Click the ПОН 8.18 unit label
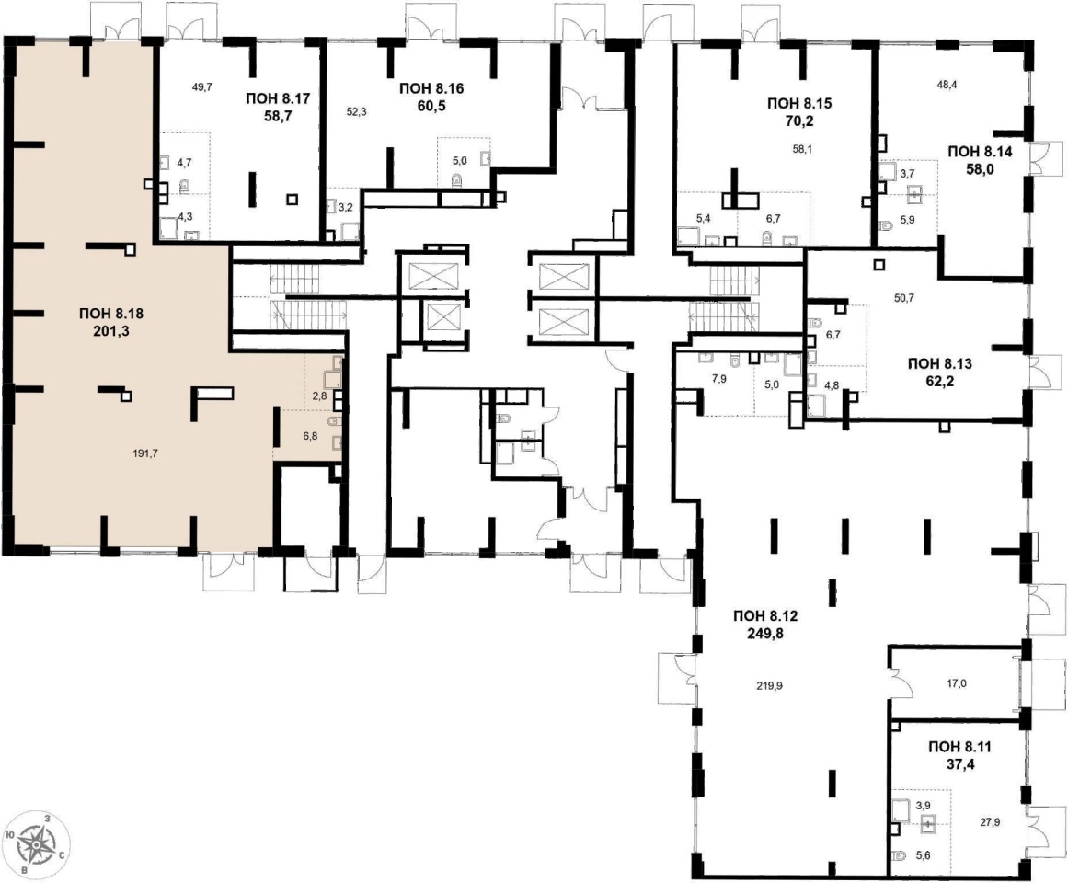tap(111, 314)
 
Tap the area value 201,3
tap(111, 331)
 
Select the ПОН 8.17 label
tap(278, 98)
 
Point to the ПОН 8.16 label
tap(431, 87)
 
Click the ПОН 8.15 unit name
tap(799, 104)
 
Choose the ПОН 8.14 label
tap(980, 152)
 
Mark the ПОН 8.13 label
tap(940, 364)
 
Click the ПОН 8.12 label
tap(765, 616)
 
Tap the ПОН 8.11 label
tap(959, 747)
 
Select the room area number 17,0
tap(957, 684)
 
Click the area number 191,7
tap(145, 453)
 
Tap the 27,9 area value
tap(991, 822)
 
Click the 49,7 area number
tap(202, 86)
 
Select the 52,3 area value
tap(356, 112)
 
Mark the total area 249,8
tap(766, 634)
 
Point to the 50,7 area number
tap(904, 297)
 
